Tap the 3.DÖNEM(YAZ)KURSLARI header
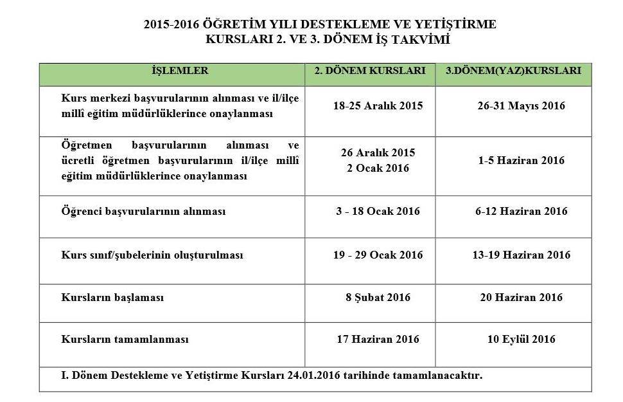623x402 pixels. (x=513, y=71)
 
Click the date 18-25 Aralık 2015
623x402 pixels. (x=378, y=106)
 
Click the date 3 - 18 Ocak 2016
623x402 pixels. (x=378, y=212)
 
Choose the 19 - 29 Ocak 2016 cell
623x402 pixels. (x=378, y=255)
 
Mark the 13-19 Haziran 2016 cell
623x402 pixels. (x=521, y=255)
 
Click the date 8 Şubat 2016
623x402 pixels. (x=378, y=298)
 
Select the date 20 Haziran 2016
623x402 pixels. (x=521, y=298)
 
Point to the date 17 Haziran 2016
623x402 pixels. (x=378, y=340)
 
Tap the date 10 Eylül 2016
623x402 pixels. (x=521, y=340)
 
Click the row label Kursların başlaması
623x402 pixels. (x=112, y=298)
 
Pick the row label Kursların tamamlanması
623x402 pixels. (x=125, y=340)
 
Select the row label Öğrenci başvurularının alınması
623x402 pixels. (x=143, y=212)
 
